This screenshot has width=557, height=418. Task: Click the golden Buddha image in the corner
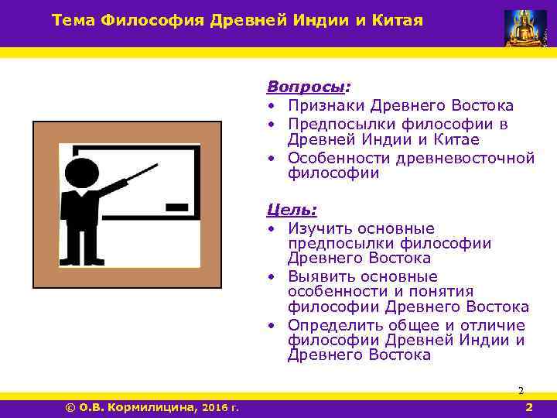pyautogui.click(x=525, y=27)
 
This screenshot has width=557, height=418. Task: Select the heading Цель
pyautogui.click(x=290, y=209)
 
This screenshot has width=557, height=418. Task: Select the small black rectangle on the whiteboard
pyautogui.click(x=177, y=207)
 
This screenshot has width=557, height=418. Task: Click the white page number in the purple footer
pyautogui.click(x=528, y=407)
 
